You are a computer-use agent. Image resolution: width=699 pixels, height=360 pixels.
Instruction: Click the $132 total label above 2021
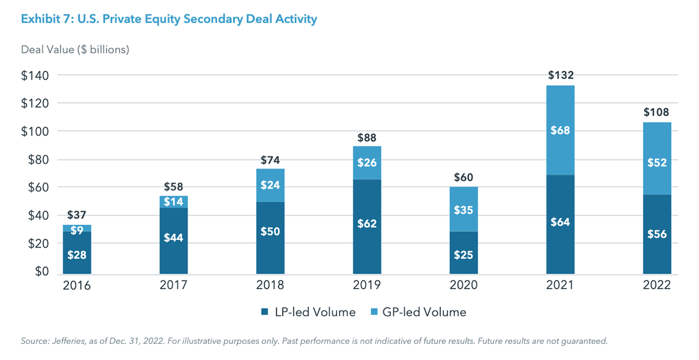(x=561, y=75)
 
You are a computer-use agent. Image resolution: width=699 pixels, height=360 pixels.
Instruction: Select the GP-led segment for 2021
(x=561, y=130)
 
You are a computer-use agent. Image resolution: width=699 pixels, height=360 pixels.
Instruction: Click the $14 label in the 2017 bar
(x=174, y=202)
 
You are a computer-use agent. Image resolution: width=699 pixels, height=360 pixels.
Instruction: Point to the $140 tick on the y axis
(x=35, y=75)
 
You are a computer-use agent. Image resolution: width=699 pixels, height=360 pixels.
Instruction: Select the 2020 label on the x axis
(x=464, y=285)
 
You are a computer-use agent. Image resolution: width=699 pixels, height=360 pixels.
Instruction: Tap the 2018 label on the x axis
(x=270, y=285)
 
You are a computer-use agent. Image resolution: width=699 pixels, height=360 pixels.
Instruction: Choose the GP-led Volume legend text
(x=425, y=312)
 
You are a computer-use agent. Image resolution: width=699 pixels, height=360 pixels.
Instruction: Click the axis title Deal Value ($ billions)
(x=75, y=49)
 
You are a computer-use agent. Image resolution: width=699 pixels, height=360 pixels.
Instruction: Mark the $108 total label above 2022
(x=657, y=112)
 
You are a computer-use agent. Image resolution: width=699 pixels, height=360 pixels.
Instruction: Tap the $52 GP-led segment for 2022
(x=657, y=163)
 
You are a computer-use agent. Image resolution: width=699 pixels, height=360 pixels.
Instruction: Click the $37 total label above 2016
(x=77, y=215)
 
